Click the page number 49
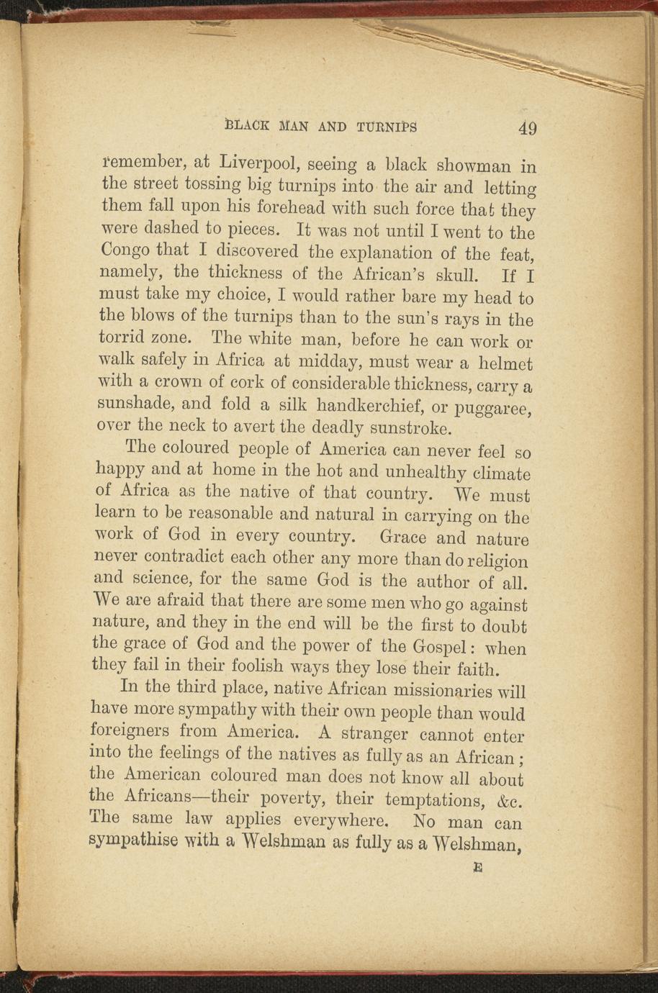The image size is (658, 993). [526, 128]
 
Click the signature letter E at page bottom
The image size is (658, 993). [477, 869]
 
